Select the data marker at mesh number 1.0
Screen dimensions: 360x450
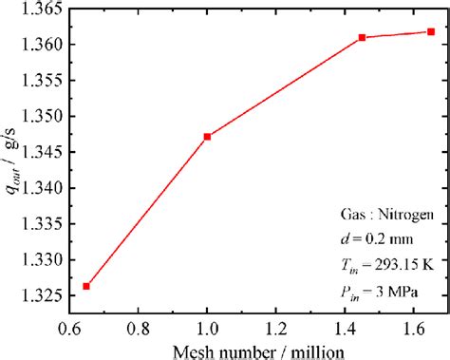click(x=207, y=137)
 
